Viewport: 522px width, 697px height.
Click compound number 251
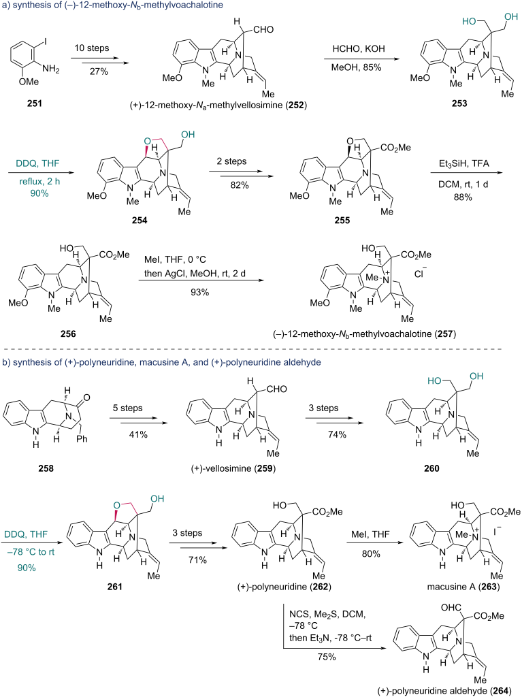(35, 103)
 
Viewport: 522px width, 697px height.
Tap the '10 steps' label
(92, 48)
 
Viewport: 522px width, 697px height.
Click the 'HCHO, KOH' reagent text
(359, 49)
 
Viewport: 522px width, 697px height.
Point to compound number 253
(459, 103)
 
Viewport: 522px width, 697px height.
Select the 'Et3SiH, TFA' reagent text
(463, 164)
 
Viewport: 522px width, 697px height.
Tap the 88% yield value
(463, 197)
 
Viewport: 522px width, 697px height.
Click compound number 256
(68, 334)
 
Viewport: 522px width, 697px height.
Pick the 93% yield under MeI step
(199, 292)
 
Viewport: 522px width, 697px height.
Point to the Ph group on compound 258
(82, 439)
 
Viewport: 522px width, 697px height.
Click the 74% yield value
(337, 434)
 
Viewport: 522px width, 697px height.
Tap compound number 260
(431, 468)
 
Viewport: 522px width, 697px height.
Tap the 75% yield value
(327, 657)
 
